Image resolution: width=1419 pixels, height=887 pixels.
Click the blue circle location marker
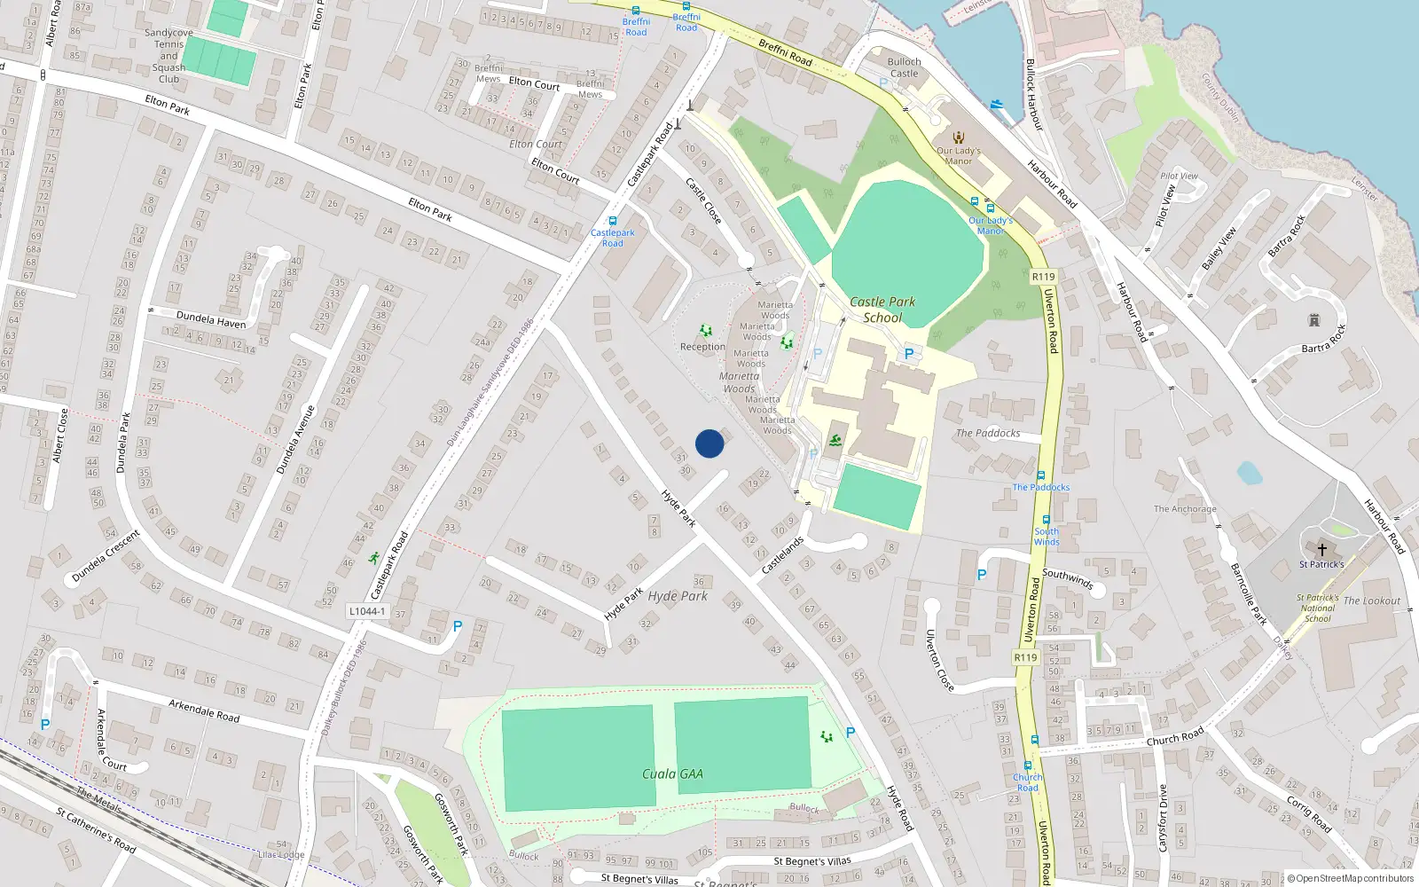pos(709,443)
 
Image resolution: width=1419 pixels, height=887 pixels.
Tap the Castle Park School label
pos(882,310)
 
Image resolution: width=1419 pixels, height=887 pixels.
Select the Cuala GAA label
pos(672,773)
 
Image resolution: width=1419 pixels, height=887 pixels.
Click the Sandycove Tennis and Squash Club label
pos(169,56)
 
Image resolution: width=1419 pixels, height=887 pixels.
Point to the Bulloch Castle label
pos(904,67)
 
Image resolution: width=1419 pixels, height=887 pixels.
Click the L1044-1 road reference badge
pos(367,611)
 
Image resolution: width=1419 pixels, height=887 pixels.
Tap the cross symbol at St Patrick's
pos(1321,550)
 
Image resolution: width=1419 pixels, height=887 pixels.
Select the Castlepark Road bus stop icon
pos(612,221)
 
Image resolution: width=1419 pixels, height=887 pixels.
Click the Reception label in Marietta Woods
pos(702,347)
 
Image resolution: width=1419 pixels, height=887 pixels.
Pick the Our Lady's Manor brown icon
pos(958,137)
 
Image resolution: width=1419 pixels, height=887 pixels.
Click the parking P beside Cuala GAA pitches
pos(851,733)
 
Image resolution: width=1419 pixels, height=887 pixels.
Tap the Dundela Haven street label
pos(211,319)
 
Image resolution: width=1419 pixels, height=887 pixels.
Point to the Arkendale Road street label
pos(204,710)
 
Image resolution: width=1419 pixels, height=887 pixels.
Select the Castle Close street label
pos(703,200)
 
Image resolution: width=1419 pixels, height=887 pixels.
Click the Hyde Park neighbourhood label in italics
pos(678,596)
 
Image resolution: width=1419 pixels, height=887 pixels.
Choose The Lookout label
pos(1371,600)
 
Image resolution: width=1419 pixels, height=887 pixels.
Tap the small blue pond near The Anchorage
pos(1249,473)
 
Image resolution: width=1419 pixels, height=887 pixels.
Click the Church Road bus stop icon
pos(1028,765)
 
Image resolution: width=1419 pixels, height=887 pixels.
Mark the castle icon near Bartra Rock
pos(1314,320)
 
